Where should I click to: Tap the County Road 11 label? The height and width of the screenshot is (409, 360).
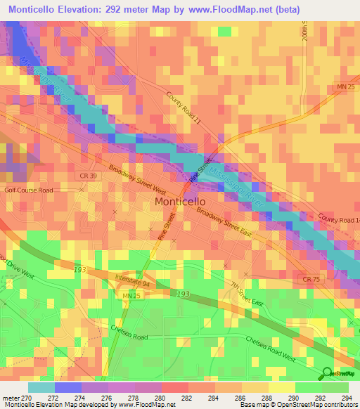184,108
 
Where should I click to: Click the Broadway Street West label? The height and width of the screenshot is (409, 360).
137,180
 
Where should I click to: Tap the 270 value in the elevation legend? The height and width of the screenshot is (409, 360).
15,397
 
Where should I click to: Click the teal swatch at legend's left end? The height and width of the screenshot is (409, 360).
41,387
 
